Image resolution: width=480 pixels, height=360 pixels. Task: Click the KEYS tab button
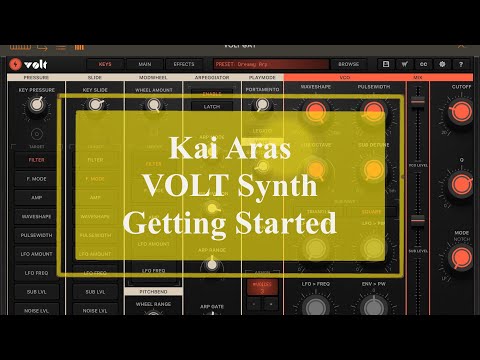click(x=105, y=64)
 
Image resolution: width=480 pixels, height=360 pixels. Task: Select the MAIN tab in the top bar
click(x=145, y=64)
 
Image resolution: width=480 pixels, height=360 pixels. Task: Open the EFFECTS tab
click(x=184, y=64)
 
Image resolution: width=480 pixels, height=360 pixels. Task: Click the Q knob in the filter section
click(x=461, y=184)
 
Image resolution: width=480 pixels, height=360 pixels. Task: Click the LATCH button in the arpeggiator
click(x=211, y=106)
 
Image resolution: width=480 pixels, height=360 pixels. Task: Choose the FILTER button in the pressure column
click(x=36, y=159)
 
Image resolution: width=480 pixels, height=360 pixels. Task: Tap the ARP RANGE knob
click(x=211, y=265)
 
